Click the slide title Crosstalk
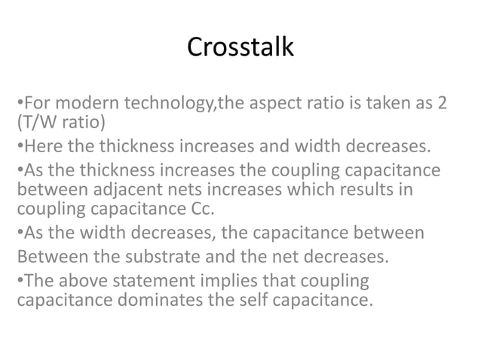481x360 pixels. (x=240, y=47)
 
